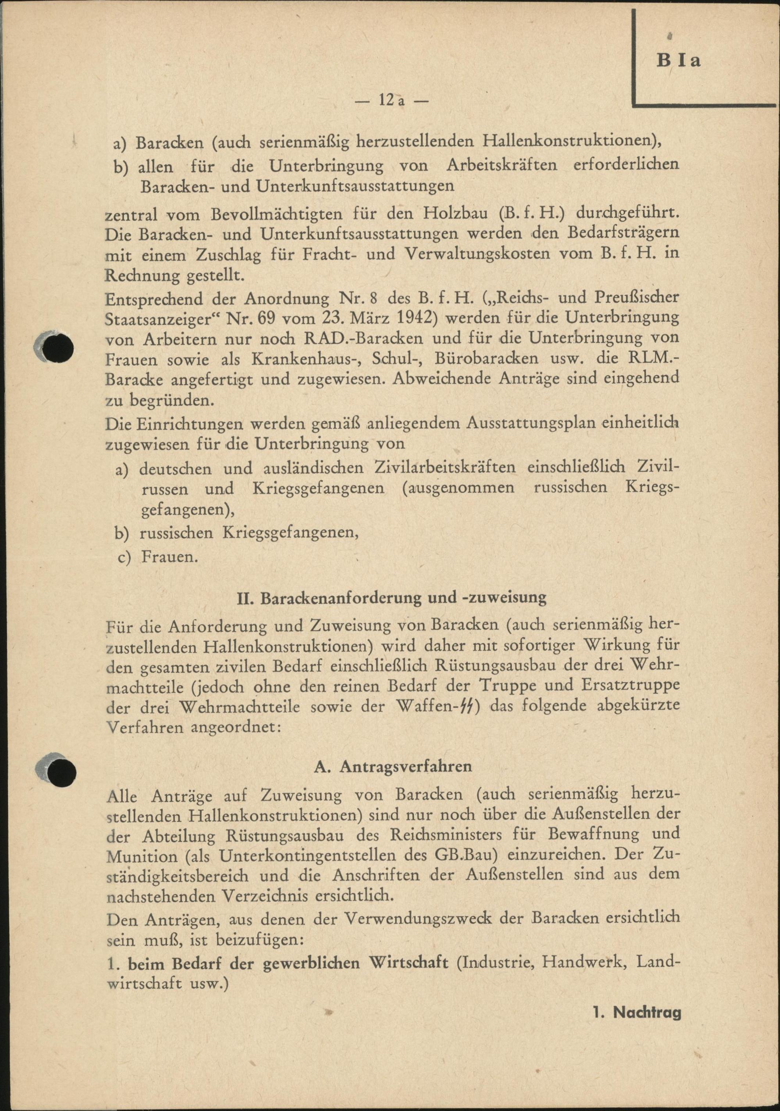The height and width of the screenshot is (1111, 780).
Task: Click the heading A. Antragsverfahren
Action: tap(393, 767)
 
